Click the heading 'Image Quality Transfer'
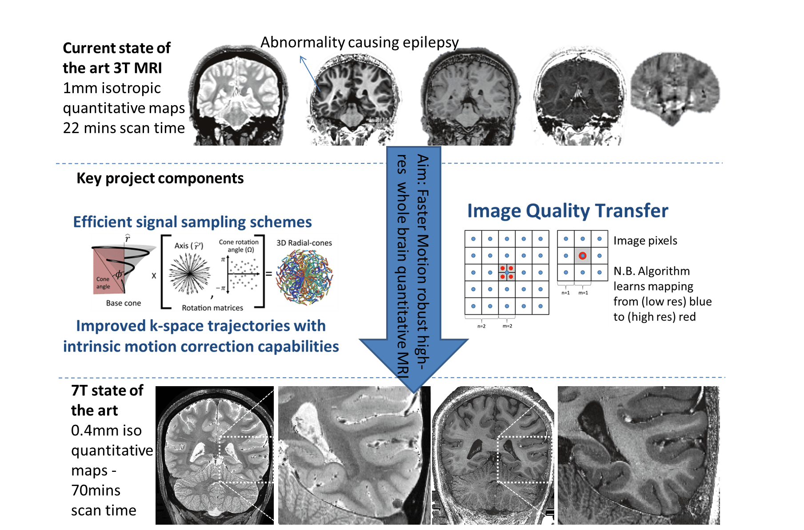coord(567,211)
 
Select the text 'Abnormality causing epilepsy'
coord(359,43)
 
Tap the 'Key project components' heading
coord(160,178)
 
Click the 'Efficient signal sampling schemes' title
coord(192,222)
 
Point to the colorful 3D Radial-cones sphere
coord(304,277)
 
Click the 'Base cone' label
coord(123,303)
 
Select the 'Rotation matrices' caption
coord(212,308)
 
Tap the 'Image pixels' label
coord(645,241)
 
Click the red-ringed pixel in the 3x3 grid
coord(582,256)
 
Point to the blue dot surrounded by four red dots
coord(507,273)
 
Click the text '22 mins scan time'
coord(124,128)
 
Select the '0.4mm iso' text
coord(106,431)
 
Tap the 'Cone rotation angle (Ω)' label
coord(239,246)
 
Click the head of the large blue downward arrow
coord(413,364)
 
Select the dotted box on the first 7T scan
coord(246,459)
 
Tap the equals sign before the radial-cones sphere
coord(268,274)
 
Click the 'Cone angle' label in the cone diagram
coord(103,283)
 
